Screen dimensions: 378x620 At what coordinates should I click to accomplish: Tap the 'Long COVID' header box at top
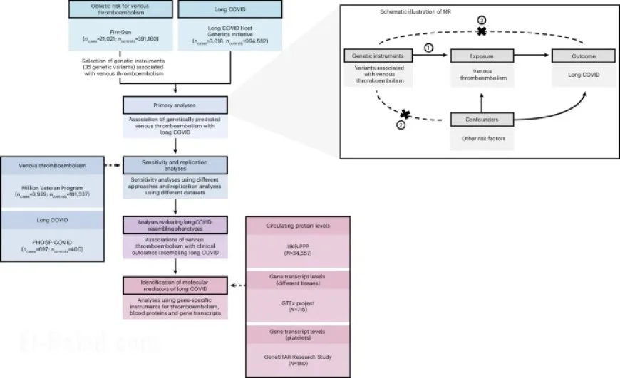[x=229, y=10]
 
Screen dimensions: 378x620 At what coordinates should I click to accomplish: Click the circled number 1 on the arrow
[x=429, y=48]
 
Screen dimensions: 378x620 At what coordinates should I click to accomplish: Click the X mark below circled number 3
[x=482, y=32]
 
